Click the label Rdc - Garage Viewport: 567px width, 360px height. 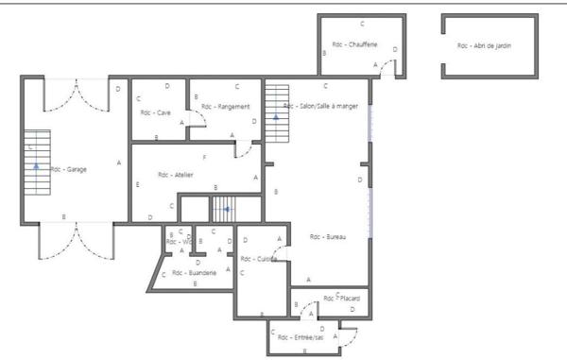point(69,169)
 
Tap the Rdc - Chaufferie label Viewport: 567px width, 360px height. point(354,44)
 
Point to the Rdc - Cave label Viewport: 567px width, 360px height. point(155,112)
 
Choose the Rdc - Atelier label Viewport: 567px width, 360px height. point(176,174)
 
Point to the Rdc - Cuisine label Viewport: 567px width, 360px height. point(258,258)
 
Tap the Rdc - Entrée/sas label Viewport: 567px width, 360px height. point(301,336)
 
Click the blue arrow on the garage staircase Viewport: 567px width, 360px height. point(37,164)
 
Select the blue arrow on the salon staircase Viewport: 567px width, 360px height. point(276,118)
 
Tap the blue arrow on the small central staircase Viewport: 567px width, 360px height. point(225,209)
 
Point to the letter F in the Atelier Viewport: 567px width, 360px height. point(204,157)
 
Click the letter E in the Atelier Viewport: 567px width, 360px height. point(138,184)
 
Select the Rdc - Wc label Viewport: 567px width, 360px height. point(179,242)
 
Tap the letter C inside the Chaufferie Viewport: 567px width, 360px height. point(362,23)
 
